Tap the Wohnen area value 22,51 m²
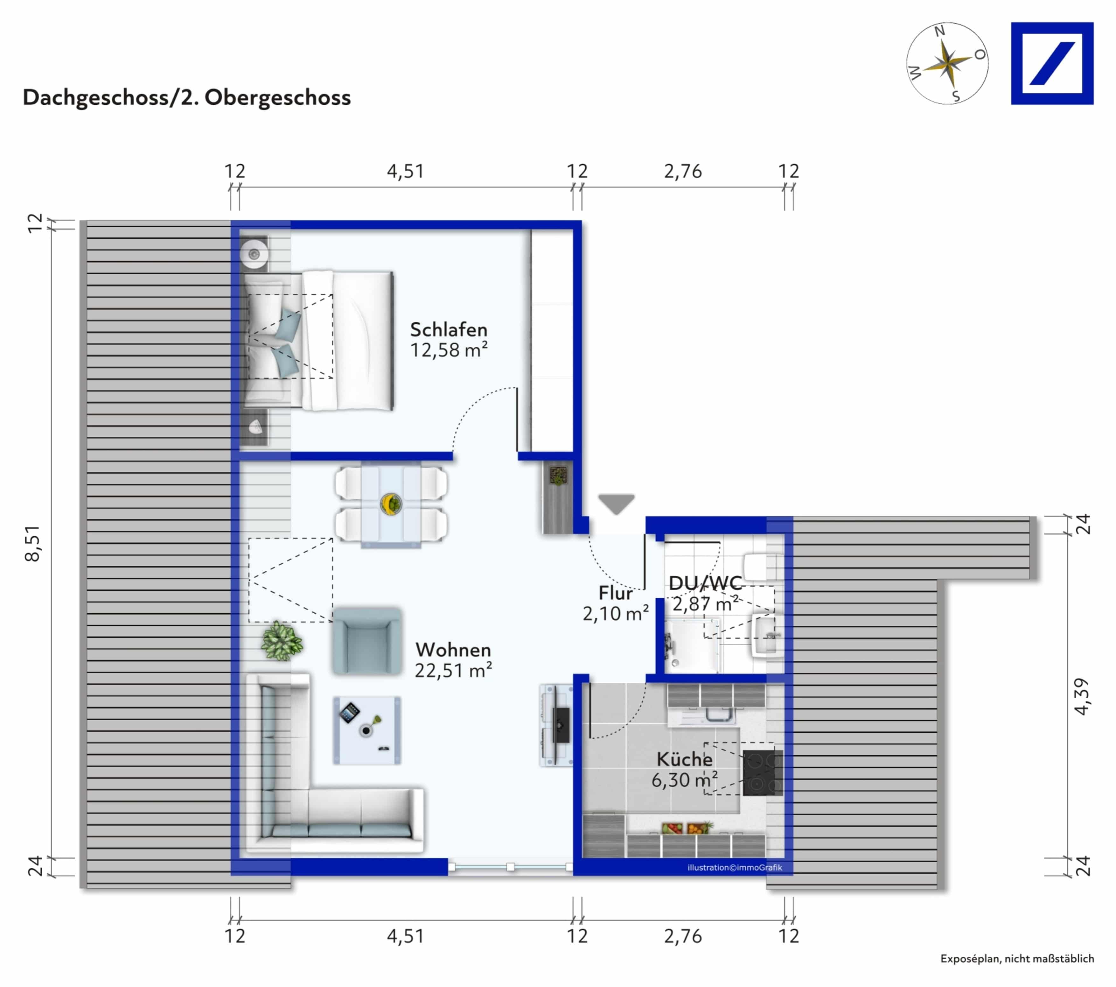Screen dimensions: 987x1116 point(453,671)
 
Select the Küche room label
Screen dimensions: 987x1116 point(684,759)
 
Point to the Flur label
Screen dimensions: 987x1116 point(615,593)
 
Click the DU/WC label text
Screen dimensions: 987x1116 point(705,583)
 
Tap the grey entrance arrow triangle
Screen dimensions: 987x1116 point(617,503)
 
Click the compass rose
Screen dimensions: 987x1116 point(947,63)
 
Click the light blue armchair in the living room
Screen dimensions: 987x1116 point(367,642)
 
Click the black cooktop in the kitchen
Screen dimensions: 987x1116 point(762,772)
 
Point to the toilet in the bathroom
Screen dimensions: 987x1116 point(763,567)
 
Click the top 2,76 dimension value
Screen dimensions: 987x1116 point(682,172)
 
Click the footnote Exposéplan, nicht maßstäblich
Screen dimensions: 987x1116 point(1017,959)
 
